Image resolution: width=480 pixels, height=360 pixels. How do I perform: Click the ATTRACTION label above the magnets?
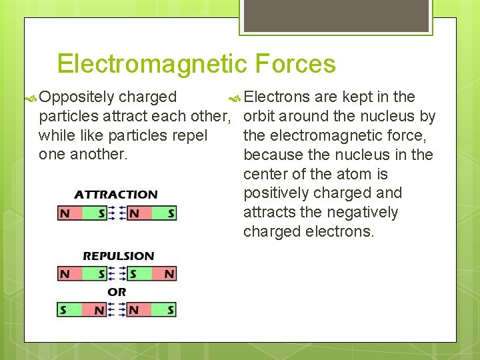pos(116,195)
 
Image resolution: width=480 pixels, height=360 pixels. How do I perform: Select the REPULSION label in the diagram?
pos(118,255)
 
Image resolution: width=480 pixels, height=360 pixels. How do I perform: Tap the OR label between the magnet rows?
pos(117,292)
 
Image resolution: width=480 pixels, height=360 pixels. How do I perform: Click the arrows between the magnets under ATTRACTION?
pos(117,214)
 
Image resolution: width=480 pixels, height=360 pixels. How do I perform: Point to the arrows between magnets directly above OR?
pos(117,274)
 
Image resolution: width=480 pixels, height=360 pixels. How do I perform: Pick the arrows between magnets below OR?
pos(117,310)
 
